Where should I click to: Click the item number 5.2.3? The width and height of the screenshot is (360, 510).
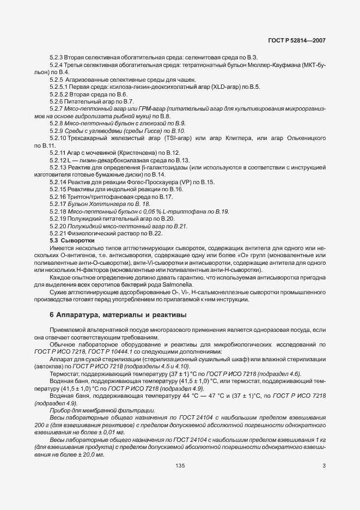(57, 57)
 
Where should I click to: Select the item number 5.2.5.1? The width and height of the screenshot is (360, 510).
(60, 87)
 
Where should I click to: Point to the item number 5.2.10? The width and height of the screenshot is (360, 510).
(59, 138)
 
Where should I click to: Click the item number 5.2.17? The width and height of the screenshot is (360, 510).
(58, 203)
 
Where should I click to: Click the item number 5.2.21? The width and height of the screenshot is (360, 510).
(58, 233)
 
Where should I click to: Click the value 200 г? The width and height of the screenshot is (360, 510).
(41, 424)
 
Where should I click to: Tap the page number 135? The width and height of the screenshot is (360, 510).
(180, 465)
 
